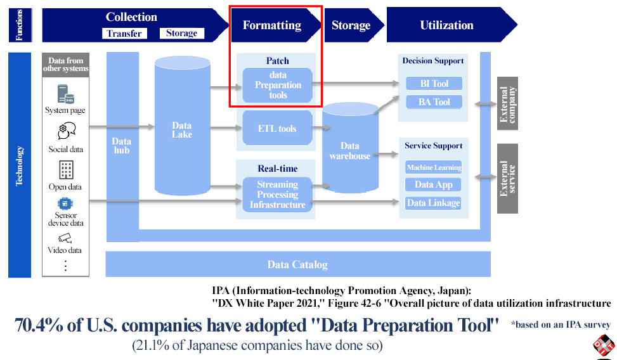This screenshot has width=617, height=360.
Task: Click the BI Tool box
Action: [434, 84]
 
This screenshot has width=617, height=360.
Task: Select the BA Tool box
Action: [434, 102]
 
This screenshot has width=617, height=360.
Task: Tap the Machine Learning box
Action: [434, 167]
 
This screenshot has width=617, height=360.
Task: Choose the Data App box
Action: [434, 185]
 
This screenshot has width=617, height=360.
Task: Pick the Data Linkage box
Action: [434, 203]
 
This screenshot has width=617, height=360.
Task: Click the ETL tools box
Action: [278, 129]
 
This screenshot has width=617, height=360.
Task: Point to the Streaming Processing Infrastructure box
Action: [278, 195]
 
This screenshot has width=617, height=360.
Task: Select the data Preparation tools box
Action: [278, 85]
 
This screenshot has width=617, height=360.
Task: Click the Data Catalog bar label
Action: [297, 265]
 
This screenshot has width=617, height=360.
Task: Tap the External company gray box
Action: [508, 103]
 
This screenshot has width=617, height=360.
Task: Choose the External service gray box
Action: [508, 178]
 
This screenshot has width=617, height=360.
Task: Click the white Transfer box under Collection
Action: [124, 34]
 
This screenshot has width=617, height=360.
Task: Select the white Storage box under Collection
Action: [182, 33]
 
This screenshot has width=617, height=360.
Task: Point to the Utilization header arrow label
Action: [446, 25]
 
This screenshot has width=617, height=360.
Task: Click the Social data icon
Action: [66, 131]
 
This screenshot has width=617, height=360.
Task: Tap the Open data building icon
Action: [66, 169]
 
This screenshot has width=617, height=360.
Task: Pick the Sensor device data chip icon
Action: [65, 204]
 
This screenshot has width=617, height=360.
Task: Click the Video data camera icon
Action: [65, 238]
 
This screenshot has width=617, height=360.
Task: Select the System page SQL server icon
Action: [65, 94]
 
